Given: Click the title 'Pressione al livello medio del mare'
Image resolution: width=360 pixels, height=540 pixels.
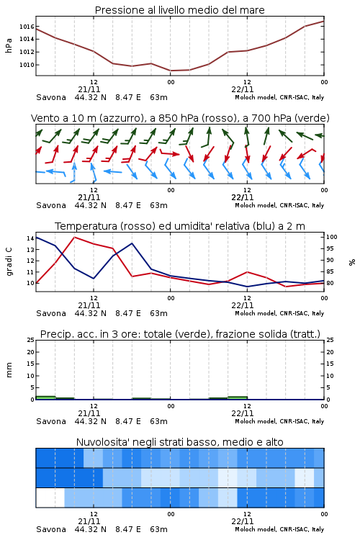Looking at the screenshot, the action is (179, 10).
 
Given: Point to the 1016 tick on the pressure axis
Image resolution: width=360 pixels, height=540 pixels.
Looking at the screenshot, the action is (27, 27).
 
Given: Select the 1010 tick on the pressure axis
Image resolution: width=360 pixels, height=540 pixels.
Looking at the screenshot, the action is (27, 65).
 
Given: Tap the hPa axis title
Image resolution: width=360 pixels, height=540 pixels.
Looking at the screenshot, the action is (9, 45).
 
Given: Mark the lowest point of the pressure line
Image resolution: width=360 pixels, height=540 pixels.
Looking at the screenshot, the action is (171, 71).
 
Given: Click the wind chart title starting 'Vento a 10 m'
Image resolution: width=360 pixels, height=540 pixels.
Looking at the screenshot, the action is (180, 118).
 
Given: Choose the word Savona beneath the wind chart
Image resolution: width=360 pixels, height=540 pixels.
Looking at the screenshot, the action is (51, 205).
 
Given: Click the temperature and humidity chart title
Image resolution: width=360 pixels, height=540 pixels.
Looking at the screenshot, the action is (180, 226).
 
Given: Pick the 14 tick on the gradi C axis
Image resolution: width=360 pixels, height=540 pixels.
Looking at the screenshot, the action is (30, 238).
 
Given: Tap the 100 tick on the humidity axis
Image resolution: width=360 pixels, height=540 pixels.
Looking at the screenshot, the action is (332, 237).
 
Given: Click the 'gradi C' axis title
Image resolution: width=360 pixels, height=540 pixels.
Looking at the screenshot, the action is (9, 261).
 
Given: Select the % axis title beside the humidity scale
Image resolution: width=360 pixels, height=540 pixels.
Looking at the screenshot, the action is (352, 262).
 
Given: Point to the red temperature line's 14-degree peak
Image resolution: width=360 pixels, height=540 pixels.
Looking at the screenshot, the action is (74, 238).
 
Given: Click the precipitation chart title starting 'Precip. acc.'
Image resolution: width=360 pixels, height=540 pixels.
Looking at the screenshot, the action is (180, 334).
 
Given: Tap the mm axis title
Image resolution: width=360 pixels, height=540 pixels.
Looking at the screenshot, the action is (9, 370).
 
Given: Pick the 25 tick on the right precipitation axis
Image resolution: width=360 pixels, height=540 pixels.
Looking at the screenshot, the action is (330, 340).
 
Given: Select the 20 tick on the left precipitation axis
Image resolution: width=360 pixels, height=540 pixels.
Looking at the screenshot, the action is (30, 352).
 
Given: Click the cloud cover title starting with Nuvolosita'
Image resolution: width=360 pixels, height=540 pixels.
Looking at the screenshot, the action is (179, 442).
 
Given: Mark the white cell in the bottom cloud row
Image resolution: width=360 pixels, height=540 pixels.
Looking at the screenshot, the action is (50, 498).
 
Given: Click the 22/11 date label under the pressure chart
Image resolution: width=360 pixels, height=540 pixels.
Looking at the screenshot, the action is (242, 89).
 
